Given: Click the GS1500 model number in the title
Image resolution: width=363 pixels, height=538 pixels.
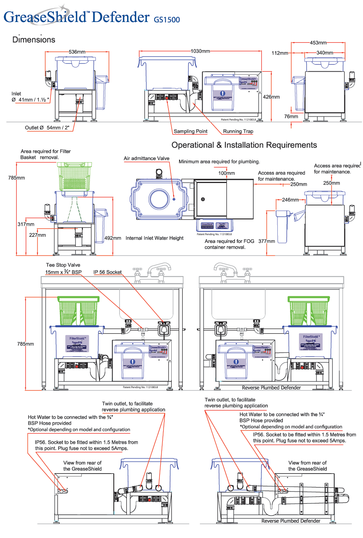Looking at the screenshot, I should click(166, 19).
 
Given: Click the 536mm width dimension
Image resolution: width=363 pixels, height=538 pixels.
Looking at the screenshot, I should click(77, 52).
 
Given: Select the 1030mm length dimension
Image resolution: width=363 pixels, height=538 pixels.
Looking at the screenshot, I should click(200, 51).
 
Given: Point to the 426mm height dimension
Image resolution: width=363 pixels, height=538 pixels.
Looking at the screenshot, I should click(271, 97).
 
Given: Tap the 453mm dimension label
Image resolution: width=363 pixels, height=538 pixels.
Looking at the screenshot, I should click(318, 43).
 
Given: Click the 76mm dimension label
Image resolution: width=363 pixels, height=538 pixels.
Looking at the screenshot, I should click(291, 117).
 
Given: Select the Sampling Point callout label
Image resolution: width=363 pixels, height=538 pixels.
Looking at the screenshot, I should click(190, 131).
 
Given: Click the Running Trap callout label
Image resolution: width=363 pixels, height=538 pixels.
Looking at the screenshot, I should click(238, 131).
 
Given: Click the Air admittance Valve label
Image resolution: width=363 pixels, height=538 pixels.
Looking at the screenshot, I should click(146, 159).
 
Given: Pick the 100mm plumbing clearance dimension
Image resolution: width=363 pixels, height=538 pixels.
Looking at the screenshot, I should click(226, 173).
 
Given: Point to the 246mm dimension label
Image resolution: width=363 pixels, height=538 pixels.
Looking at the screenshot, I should click(290, 200).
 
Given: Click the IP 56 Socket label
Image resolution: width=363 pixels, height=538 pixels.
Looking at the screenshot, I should click(108, 272).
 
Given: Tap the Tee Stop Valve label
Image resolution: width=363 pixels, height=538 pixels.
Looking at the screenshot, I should click(63, 265).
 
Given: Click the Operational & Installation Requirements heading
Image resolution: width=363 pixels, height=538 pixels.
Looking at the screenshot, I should click(244, 145).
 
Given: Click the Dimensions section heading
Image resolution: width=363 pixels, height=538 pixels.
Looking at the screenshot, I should click(34, 40).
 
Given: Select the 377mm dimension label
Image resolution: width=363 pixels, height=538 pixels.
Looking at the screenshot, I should click(267, 241).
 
